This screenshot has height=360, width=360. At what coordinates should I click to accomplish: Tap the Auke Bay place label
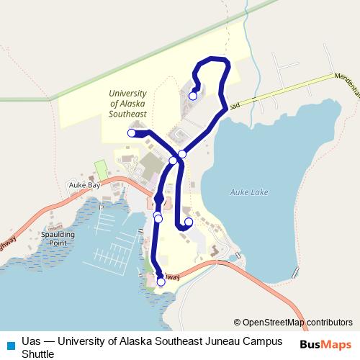(x=83, y=184)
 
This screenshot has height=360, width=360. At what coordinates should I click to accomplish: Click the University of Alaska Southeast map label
(x=127, y=103)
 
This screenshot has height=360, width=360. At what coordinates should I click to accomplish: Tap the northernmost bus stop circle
(x=193, y=96)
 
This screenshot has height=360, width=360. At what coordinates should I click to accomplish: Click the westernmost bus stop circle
(x=132, y=132)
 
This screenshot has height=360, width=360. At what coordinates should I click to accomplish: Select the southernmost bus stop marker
(x=161, y=282)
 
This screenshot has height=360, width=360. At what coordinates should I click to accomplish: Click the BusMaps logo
(x=325, y=344)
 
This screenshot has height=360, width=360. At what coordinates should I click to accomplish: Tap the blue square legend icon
(x=9, y=345)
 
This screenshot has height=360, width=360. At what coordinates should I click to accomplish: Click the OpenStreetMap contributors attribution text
(x=294, y=322)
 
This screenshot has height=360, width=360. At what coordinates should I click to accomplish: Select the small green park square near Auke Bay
(x=101, y=169)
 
